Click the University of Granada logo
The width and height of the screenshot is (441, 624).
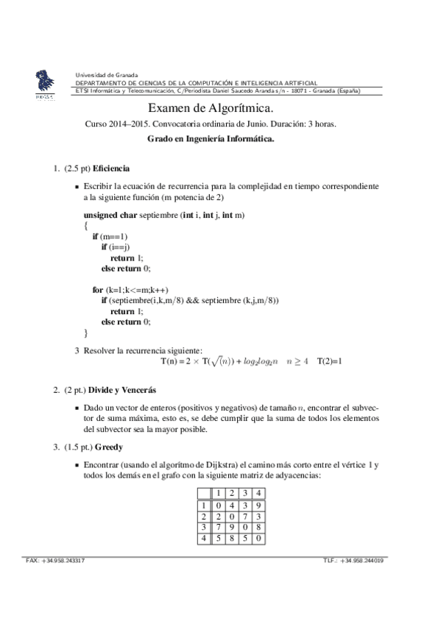click(x=43, y=84)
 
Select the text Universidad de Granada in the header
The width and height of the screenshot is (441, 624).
click(x=107, y=75)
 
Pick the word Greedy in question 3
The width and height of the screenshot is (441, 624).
click(x=107, y=447)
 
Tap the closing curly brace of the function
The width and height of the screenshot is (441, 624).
click(x=86, y=332)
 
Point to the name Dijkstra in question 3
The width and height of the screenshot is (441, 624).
click(x=204, y=466)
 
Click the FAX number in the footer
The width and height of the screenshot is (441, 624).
click(x=55, y=561)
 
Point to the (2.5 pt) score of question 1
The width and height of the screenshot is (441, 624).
click(x=77, y=169)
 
